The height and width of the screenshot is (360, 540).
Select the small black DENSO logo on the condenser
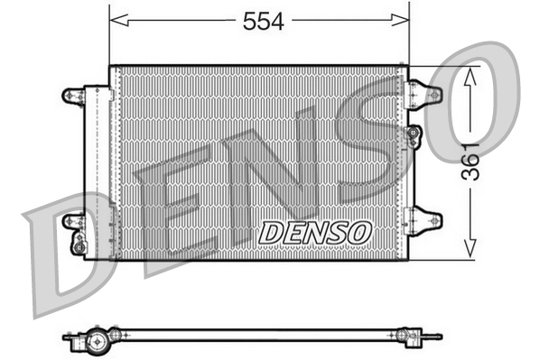point(315,232)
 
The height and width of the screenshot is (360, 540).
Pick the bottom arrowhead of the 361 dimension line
point(469,250)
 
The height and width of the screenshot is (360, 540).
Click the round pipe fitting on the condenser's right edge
point(414,135)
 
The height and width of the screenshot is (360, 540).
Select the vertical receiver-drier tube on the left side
point(94,167)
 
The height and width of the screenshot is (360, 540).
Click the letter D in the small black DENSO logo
point(272,232)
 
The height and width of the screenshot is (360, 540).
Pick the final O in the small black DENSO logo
point(359,232)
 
